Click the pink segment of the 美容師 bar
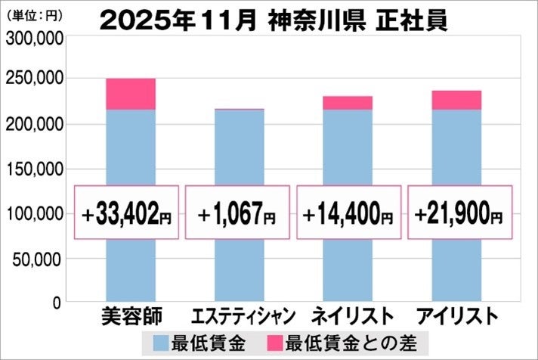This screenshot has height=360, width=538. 130,94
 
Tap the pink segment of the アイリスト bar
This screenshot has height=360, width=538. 456,100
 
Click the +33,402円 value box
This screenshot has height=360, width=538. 128,213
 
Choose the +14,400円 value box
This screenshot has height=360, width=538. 348,213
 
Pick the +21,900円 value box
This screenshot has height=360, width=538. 459,213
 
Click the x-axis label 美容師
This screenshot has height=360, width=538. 131,315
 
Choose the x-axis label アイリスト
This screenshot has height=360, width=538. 456,315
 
